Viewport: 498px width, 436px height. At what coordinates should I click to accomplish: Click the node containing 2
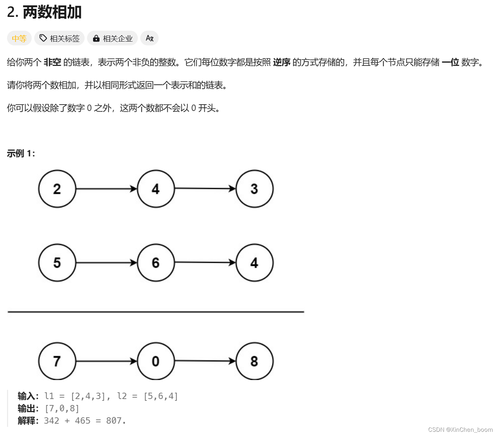pyautogui.click(x=57, y=189)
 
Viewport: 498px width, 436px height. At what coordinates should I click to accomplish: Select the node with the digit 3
pyautogui.click(x=254, y=189)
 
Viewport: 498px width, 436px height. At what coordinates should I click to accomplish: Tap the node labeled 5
pyautogui.click(x=57, y=263)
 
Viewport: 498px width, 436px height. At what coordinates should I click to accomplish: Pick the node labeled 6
pyautogui.click(x=156, y=263)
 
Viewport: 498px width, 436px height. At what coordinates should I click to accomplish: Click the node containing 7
pyautogui.click(x=57, y=361)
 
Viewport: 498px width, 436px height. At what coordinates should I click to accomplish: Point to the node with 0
pyautogui.click(x=156, y=361)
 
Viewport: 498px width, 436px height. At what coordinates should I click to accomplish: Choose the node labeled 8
pyautogui.click(x=254, y=361)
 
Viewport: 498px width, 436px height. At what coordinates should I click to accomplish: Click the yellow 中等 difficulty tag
pyautogui.click(x=19, y=38)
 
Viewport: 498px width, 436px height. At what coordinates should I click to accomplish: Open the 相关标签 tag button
pyautogui.click(x=60, y=38)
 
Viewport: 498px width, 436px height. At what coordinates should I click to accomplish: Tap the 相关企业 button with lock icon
pyautogui.click(x=112, y=38)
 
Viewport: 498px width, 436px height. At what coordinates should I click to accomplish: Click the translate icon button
pyautogui.click(x=149, y=38)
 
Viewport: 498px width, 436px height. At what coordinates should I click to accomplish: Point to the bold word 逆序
pyautogui.click(x=282, y=62)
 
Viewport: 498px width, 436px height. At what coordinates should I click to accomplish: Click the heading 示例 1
pyautogui.click(x=21, y=154)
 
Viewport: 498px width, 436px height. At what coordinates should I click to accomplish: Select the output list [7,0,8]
pyautogui.click(x=62, y=409)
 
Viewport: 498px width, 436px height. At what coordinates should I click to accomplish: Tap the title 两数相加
pyautogui.click(x=52, y=12)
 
